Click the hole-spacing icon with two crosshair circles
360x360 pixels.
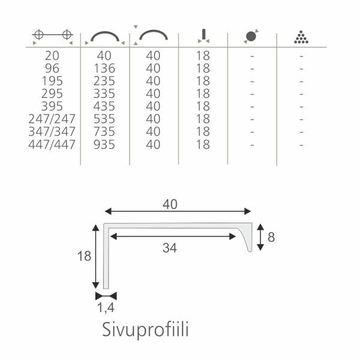[53, 35]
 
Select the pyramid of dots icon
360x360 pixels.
[301, 37]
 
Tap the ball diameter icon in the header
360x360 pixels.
[251, 36]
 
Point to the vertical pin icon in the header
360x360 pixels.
[203, 36]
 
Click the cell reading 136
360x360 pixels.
[104, 68]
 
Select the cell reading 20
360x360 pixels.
[52, 56]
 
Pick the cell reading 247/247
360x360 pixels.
[52, 119]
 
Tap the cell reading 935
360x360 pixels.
[104, 145]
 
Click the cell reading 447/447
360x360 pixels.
[52, 145]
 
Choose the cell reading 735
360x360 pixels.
[104, 131]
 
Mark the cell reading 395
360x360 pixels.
[52, 106]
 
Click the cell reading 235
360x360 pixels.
[104, 81]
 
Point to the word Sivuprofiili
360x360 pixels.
[145, 329]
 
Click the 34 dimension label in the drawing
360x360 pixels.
[170, 248]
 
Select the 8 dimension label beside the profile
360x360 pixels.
[271, 237]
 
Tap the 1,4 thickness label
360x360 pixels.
[106, 308]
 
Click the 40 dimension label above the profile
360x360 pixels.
[170, 205]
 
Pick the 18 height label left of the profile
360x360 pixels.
[84, 256]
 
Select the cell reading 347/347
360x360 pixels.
[52, 131]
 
